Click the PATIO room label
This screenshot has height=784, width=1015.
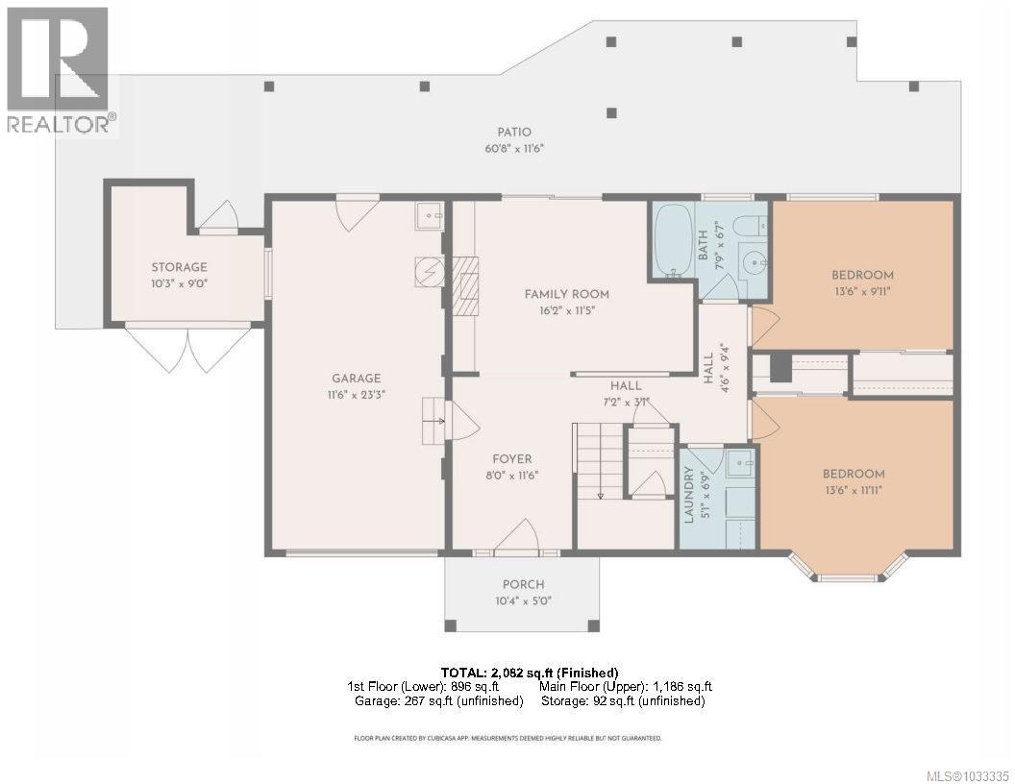click(x=514, y=133)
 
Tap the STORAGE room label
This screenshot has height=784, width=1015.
click(x=179, y=267)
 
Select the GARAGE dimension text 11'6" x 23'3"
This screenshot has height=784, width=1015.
click(x=357, y=394)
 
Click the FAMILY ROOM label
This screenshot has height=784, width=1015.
click(x=566, y=294)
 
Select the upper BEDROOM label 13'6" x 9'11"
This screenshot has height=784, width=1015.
click(x=862, y=275)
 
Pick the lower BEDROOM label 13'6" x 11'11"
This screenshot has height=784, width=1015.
click(x=854, y=474)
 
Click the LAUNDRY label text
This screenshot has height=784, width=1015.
click(x=688, y=494)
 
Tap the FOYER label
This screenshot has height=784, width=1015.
click(x=509, y=459)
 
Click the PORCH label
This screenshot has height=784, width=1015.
click(x=523, y=584)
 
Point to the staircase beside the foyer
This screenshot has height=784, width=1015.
click(x=599, y=463)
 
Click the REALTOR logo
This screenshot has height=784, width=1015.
click(x=58, y=72)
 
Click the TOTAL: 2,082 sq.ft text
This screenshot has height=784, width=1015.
click(x=529, y=672)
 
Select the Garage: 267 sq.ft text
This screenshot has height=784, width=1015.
click(x=438, y=700)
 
